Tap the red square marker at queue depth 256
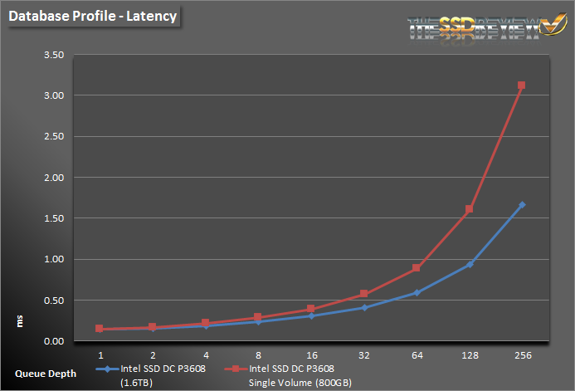coord(521,86)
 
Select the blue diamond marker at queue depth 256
coord(521,205)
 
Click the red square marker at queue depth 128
coord(469,209)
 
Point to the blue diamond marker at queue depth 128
coord(469,264)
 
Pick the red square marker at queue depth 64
coord(417,268)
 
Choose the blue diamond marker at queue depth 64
coord(417,292)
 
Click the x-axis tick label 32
coord(364,354)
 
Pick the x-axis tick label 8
coord(259,354)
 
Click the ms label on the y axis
coord(20,320)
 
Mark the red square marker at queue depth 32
coord(364,294)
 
